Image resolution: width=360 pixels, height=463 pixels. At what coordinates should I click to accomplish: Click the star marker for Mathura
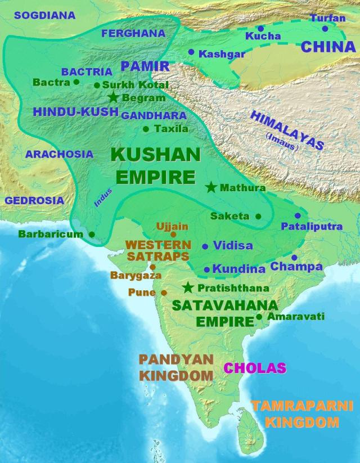point(211,187)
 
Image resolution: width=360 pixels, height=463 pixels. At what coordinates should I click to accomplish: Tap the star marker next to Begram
point(114,97)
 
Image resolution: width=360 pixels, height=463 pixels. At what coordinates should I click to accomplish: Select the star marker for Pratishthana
point(188,287)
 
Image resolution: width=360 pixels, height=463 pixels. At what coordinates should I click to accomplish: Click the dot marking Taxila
point(146,129)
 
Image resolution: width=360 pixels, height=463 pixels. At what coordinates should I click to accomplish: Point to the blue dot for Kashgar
point(191,52)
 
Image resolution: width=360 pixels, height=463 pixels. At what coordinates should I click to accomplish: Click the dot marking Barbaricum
point(92,233)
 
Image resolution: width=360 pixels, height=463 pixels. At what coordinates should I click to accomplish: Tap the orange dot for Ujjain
point(173,234)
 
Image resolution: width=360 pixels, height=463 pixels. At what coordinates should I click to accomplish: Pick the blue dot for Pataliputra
point(298,215)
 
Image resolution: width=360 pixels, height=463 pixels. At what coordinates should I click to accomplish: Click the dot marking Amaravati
point(259,317)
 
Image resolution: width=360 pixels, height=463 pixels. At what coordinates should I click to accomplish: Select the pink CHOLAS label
point(255,368)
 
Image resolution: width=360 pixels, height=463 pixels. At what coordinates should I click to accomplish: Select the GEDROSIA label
point(34,200)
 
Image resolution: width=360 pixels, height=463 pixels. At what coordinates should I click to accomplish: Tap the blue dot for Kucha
point(260,28)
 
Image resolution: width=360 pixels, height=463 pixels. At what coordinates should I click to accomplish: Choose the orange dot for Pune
point(164,293)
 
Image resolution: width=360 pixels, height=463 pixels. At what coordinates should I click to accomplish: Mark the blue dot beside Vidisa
point(205,246)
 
